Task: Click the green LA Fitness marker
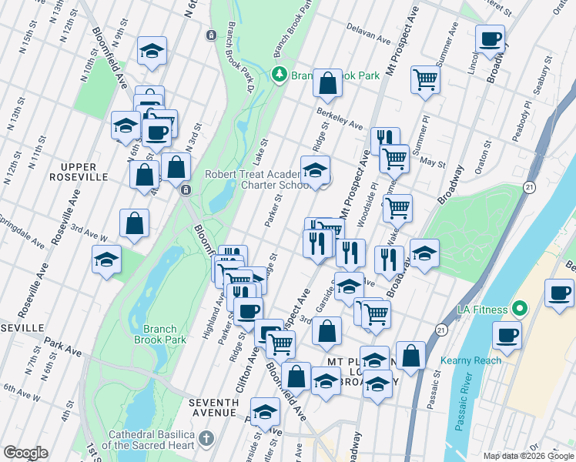click(x=520, y=309)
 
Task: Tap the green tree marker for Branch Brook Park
click(x=279, y=75)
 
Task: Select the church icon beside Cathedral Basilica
click(x=205, y=438)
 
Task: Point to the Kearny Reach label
click(x=471, y=360)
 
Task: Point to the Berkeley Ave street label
click(x=339, y=117)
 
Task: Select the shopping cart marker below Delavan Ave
click(x=424, y=79)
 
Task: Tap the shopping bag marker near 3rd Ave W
click(x=134, y=223)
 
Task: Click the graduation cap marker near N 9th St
click(x=152, y=52)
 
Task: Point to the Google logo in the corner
click(x=25, y=453)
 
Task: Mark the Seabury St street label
click(x=546, y=78)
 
